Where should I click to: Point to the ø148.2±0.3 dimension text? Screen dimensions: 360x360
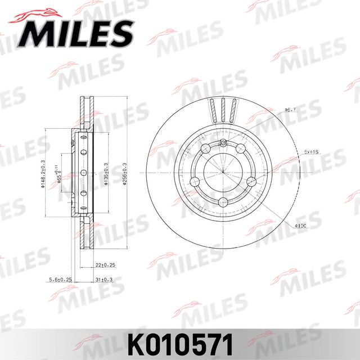(x=43, y=174)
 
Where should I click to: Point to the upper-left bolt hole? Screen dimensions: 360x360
(x=205, y=148)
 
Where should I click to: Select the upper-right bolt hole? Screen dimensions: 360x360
(x=240, y=148)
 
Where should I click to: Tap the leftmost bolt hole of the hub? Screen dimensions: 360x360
(x=195, y=181)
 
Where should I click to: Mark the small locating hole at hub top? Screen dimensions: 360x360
(x=223, y=141)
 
